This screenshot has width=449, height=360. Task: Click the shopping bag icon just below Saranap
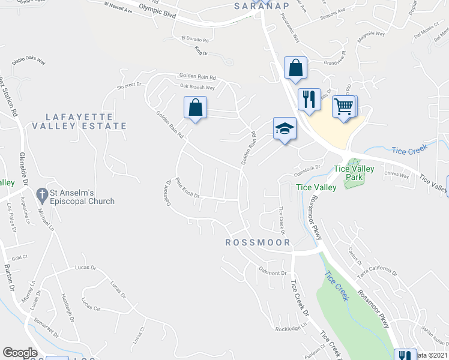coord(296,68)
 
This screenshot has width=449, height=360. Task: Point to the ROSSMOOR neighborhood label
coord(258,242)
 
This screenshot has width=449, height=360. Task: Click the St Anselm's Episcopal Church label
coord(82,197)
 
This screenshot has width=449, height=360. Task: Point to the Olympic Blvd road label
coord(157,11)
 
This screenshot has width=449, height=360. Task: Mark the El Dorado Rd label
coord(194,40)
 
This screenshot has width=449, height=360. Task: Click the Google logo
coord(20,353)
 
